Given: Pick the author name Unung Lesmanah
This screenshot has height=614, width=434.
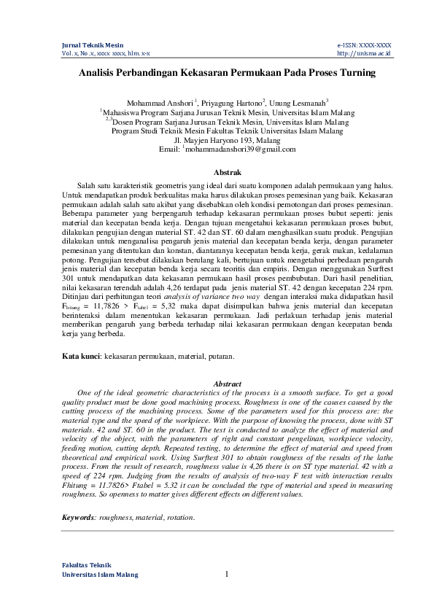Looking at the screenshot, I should [298, 103].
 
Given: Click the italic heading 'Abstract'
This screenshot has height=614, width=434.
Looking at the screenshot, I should [227, 383].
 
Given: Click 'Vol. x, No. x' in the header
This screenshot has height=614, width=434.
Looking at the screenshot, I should [78, 53].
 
